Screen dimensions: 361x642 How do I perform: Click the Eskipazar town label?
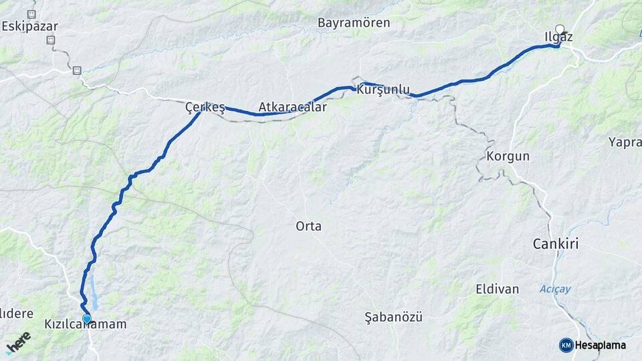coord(30,27)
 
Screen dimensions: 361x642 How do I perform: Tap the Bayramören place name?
coord(363,23)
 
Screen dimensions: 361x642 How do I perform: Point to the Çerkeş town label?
coord(205,106)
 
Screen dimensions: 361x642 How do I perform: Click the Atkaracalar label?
coord(293,107)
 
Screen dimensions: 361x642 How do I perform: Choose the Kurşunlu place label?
coord(384,89)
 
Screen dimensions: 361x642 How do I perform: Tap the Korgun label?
coord(509,156)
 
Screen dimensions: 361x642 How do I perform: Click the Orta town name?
coord(308,227)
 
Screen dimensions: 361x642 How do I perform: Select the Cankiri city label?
coord(555,244)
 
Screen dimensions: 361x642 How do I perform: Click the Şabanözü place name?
coord(394,317)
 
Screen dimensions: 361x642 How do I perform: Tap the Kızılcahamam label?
coord(85,324)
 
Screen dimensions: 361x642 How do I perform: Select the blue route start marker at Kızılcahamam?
coord(86,318)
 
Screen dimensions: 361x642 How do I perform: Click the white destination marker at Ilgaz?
coord(560,29)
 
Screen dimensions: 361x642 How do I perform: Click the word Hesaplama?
coord(601,345)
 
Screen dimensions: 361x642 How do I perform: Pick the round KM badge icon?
coord(566,345)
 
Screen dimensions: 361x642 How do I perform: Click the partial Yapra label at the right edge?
coord(625,142)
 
